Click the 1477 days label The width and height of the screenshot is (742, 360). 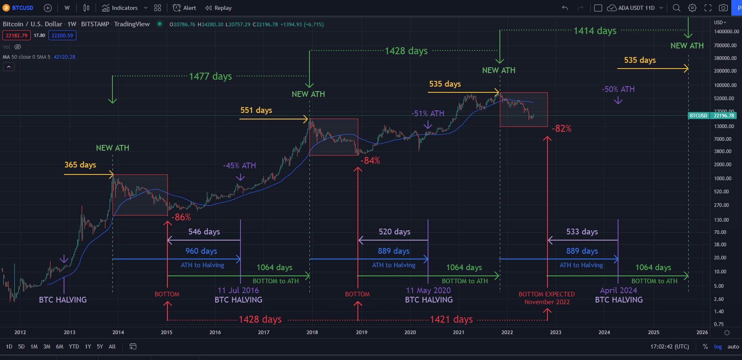tap(210, 76)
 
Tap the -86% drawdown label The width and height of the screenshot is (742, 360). tap(181, 217)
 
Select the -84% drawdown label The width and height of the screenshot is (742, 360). tap(370, 161)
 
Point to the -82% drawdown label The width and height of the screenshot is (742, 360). tap(561, 128)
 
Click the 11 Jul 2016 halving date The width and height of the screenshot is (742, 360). tap(238, 290)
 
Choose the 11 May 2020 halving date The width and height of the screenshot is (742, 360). tap(428, 290)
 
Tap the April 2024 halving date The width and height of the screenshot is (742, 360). tap(618, 290)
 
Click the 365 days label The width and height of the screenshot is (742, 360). tap(80, 165)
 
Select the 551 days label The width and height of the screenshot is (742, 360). tap(256, 110)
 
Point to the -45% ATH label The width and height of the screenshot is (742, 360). tap(239, 165)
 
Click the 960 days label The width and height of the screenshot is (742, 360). tap(201, 251)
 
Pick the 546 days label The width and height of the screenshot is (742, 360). tap(204, 232)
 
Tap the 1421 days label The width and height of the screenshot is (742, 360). tap(451, 319)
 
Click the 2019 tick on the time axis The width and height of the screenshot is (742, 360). tap(362, 332)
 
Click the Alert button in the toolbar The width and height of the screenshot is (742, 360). tap(185, 8)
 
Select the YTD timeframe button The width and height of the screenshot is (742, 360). tap(74, 346)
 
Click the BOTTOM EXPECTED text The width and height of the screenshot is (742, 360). tap(547, 294)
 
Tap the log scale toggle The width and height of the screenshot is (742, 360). tap(718, 346)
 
